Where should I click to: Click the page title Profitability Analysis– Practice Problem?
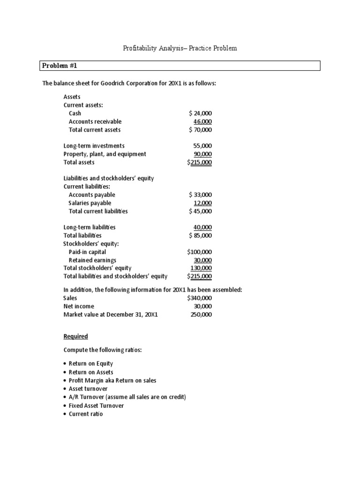click(x=180, y=48)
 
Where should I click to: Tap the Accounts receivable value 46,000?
click(x=202, y=121)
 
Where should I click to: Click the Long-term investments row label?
click(x=94, y=146)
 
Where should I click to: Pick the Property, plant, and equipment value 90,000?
click(x=202, y=154)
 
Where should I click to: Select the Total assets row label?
click(x=79, y=162)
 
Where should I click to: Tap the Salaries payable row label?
click(x=90, y=203)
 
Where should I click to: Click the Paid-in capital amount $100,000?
click(x=199, y=252)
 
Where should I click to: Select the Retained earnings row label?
click(x=92, y=260)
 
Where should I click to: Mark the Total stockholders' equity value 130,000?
click(x=201, y=268)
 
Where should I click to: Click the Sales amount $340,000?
click(x=199, y=298)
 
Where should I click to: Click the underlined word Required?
click(x=75, y=337)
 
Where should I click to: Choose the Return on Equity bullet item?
click(x=90, y=363)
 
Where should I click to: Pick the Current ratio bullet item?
click(x=85, y=414)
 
